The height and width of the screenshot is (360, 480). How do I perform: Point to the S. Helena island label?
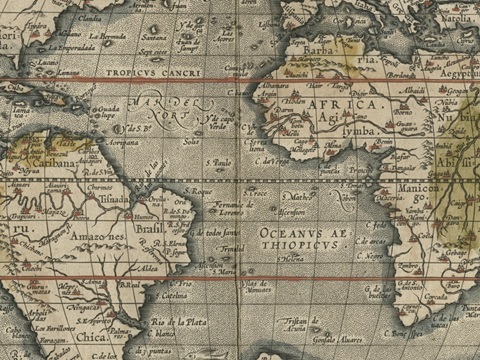pos(291,256)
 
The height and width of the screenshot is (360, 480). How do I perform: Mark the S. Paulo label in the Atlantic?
pos(217,161)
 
